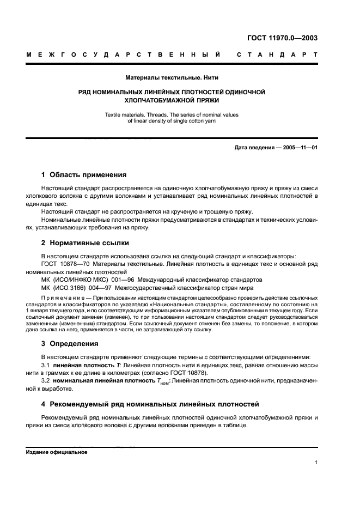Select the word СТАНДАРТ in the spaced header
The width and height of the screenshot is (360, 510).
click(277, 55)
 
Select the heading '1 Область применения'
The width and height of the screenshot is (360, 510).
click(84, 175)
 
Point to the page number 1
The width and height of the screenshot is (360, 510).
click(316, 463)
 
